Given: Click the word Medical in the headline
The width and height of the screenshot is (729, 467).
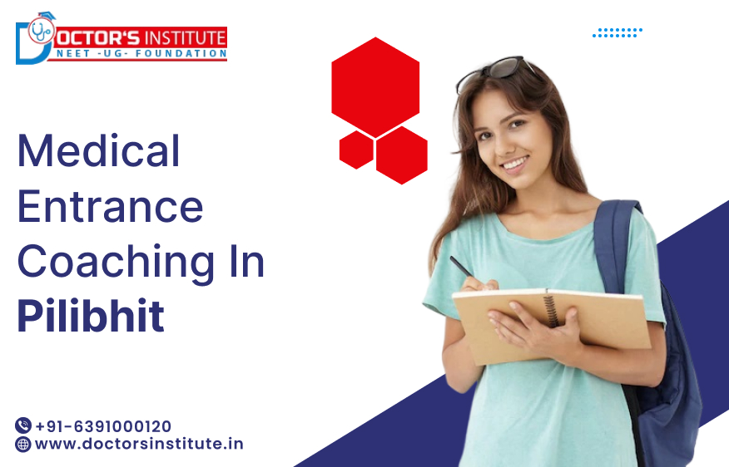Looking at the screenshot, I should point(99,151).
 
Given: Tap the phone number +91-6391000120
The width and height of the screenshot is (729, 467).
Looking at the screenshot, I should point(103,426).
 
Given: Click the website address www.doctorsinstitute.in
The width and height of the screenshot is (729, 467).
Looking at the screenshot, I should point(139,444).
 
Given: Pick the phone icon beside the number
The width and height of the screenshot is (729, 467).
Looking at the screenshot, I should point(23,426).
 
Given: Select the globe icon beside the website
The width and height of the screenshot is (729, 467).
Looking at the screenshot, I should point(23,445).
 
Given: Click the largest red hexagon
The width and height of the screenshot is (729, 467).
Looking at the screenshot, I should point(374,86).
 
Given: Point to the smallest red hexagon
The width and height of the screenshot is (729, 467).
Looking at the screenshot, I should point(356,150).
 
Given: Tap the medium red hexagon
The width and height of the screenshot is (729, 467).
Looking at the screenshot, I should point(401,155).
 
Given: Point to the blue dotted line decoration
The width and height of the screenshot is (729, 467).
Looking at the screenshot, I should point(617,32).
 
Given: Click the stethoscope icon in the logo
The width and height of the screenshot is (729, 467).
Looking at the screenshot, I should point(39,31).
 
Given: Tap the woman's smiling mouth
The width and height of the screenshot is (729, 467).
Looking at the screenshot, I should point(514,163).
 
